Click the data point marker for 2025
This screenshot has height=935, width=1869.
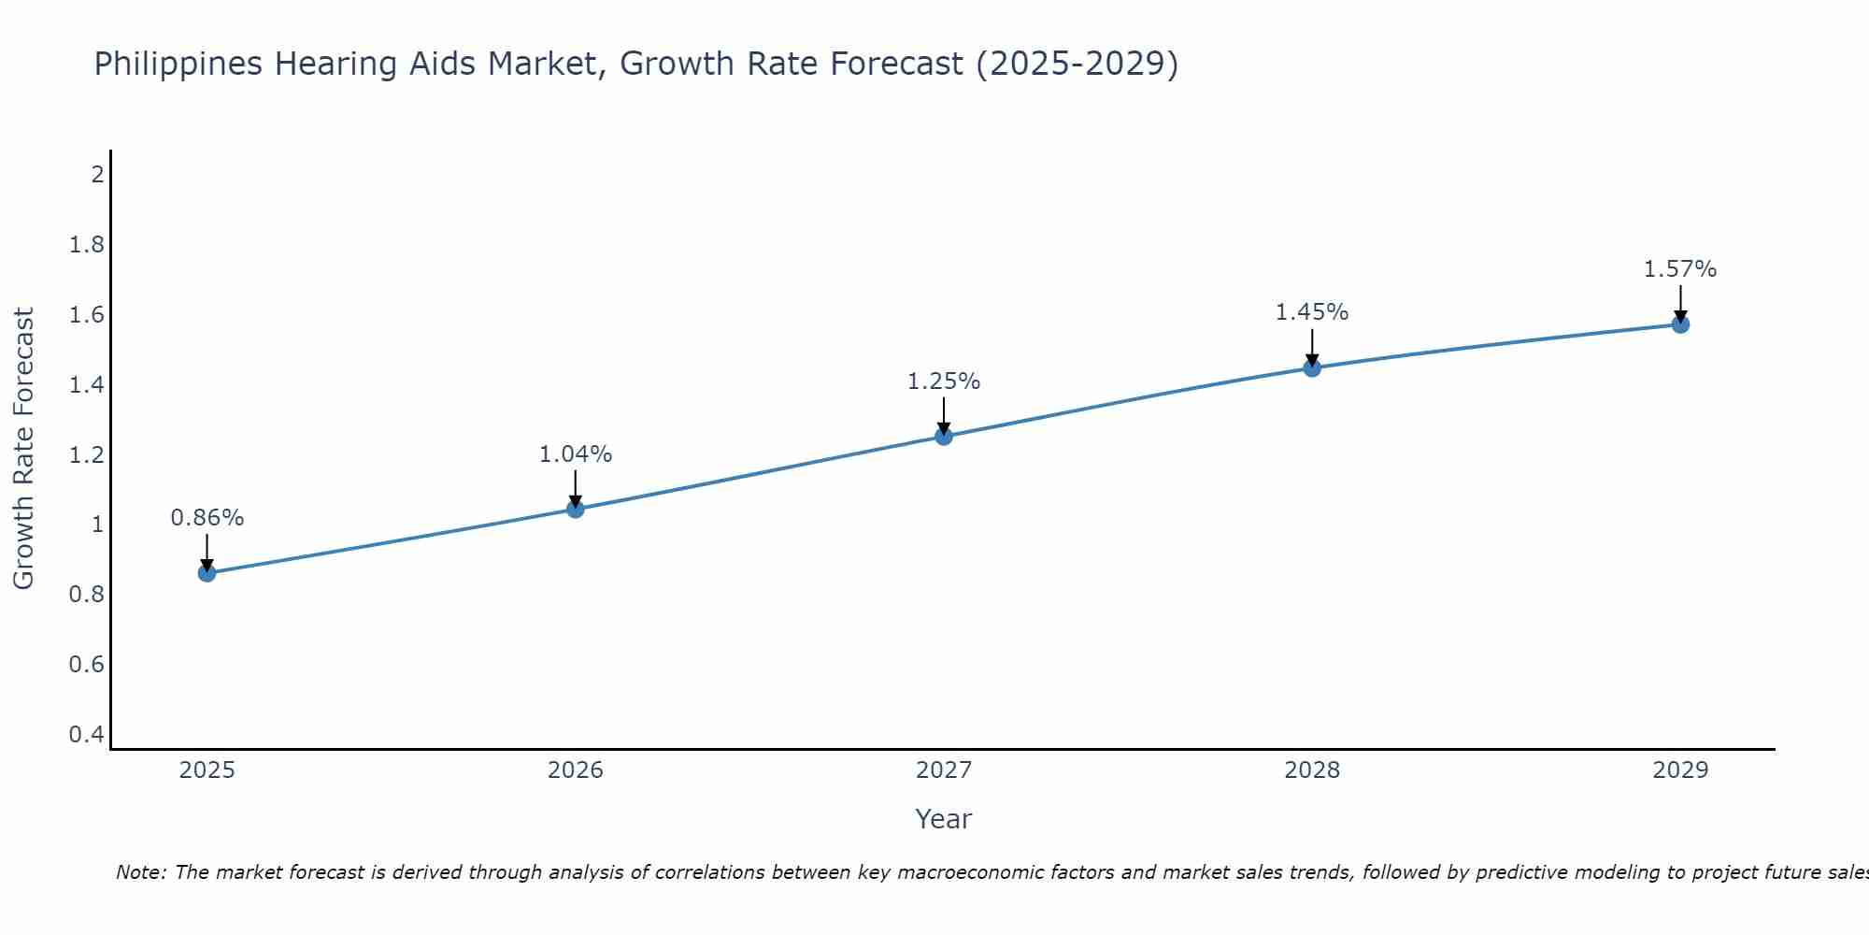tap(207, 573)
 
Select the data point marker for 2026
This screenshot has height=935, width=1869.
tap(576, 510)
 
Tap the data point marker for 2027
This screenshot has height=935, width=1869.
tap(944, 436)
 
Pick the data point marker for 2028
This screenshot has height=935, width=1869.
tap(1312, 367)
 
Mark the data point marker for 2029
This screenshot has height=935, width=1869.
tap(1680, 324)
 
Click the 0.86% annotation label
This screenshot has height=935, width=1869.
tap(207, 518)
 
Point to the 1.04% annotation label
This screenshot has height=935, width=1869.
tap(576, 454)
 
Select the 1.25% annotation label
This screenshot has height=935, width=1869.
tap(944, 381)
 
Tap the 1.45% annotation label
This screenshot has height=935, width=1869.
tap(1312, 312)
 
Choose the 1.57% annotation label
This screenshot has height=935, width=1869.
tap(1680, 269)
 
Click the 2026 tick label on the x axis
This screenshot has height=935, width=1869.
tap(576, 770)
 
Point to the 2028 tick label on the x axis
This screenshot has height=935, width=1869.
tap(1312, 770)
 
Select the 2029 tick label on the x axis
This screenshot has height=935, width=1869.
tap(1680, 770)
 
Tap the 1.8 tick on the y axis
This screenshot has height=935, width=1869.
tap(86, 245)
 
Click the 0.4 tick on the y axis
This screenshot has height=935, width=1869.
tap(86, 734)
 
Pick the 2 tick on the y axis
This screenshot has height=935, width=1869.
tap(96, 174)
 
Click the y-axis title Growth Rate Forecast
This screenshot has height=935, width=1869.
tap(24, 449)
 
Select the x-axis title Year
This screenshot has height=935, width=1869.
tap(944, 819)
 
